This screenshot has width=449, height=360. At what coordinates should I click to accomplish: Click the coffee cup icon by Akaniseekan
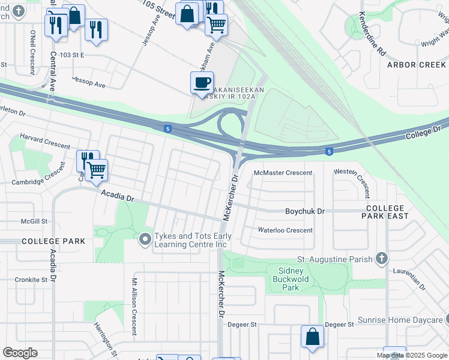(202, 82)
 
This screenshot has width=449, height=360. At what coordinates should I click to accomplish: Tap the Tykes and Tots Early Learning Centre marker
(145, 240)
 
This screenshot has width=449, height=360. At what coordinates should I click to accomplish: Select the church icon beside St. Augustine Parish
(380, 259)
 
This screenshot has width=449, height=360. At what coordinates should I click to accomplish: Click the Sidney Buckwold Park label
(286, 279)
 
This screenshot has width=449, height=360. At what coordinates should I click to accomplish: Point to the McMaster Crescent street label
(283, 173)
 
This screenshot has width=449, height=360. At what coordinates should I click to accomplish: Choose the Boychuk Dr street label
(304, 211)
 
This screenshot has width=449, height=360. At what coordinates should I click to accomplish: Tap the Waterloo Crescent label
(285, 230)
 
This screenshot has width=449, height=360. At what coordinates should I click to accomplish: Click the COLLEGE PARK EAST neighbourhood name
(387, 211)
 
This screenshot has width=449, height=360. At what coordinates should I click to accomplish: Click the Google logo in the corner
(20, 353)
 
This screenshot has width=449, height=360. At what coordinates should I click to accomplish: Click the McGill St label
(34, 221)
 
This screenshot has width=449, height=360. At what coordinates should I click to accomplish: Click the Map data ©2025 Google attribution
(411, 355)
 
